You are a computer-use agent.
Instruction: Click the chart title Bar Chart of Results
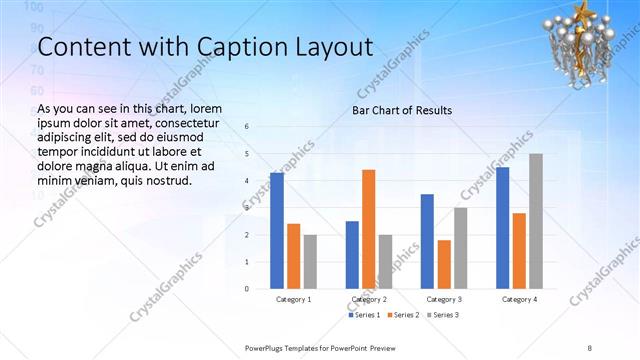click(401, 110)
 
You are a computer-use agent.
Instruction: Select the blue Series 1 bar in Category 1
click(276, 231)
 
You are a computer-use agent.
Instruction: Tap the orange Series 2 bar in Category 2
click(368, 229)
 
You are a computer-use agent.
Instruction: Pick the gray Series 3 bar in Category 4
click(536, 221)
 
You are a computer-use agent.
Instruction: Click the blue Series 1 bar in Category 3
click(427, 241)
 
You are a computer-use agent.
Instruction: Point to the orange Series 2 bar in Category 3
click(443, 264)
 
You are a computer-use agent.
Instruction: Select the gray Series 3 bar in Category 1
click(310, 262)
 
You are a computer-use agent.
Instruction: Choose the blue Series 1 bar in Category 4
click(502, 228)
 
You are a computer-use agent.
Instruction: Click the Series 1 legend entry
click(364, 315)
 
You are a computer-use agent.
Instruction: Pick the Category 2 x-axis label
click(369, 299)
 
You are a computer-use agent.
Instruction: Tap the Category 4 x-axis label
click(519, 299)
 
